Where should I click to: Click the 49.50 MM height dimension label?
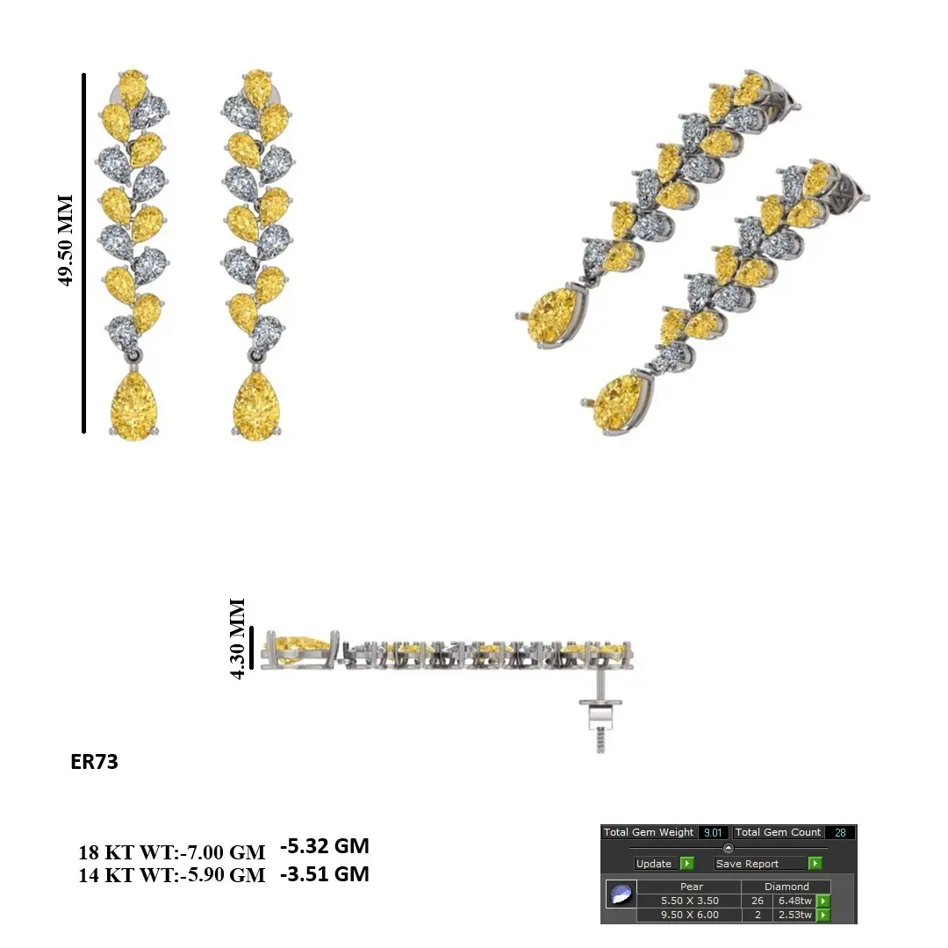pyautogui.click(x=65, y=240)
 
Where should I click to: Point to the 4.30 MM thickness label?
pyautogui.click(x=237, y=638)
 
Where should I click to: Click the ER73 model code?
pyautogui.click(x=94, y=761)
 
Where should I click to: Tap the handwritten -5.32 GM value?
pyautogui.click(x=325, y=845)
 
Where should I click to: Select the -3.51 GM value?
pyautogui.click(x=325, y=873)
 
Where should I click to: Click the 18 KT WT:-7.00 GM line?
pyautogui.click(x=172, y=851)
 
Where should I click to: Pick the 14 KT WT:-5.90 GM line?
pyautogui.click(x=172, y=875)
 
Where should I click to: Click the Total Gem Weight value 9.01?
pyautogui.click(x=713, y=832)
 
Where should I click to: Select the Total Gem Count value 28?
pyautogui.click(x=840, y=832)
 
